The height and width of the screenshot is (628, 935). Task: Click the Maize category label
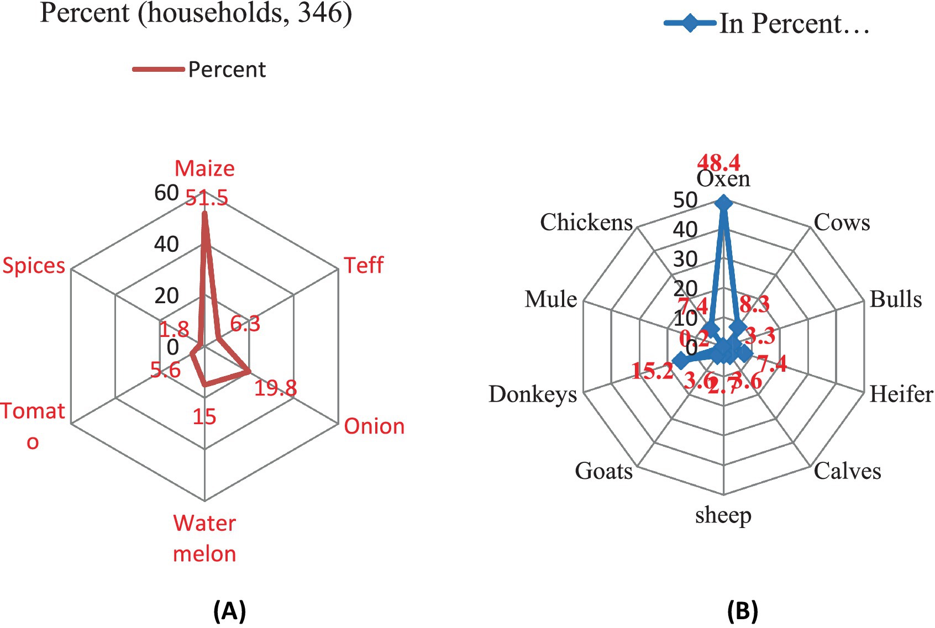click(x=204, y=168)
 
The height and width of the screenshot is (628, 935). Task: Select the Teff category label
click(x=364, y=265)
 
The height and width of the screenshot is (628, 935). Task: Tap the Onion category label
click(x=374, y=426)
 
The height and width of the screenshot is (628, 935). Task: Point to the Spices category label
click(x=34, y=266)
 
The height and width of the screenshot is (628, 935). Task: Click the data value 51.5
click(x=207, y=198)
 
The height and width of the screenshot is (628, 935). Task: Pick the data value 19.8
click(x=275, y=388)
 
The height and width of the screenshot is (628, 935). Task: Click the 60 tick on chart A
click(x=166, y=193)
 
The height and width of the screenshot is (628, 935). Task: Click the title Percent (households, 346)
click(x=196, y=13)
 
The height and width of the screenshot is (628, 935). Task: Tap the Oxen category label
click(x=723, y=179)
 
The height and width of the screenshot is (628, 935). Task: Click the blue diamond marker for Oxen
click(x=723, y=204)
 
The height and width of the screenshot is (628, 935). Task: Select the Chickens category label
click(x=586, y=222)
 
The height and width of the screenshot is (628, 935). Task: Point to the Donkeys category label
click(x=533, y=394)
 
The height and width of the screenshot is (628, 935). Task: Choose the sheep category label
click(x=723, y=515)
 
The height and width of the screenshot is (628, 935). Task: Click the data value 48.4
click(x=719, y=162)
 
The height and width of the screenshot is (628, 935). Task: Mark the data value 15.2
click(x=653, y=371)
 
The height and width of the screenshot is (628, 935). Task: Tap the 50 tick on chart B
click(x=685, y=200)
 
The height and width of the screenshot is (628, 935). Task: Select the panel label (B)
click(x=742, y=611)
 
